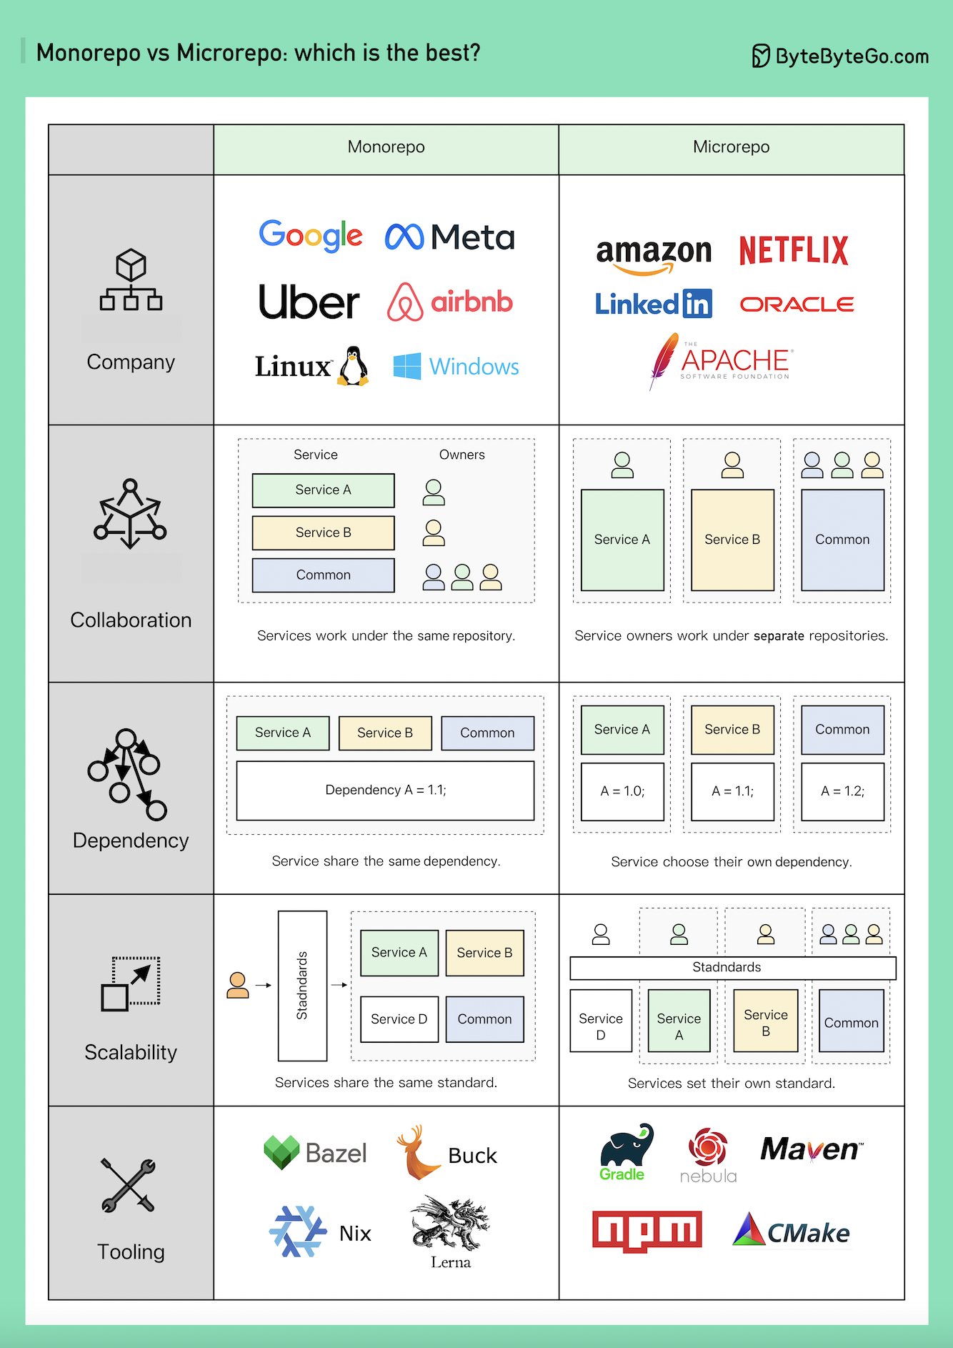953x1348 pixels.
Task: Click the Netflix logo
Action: click(794, 251)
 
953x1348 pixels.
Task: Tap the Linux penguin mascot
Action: click(353, 367)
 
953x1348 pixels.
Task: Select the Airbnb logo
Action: click(450, 302)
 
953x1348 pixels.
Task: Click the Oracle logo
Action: click(797, 304)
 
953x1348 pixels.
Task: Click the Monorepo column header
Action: click(386, 147)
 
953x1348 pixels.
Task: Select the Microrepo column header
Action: click(731, 147)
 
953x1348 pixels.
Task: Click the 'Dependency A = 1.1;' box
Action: click(385, 791)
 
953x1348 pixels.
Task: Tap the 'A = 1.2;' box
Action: click(842, 791)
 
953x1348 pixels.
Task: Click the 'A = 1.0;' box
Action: click(622, 791)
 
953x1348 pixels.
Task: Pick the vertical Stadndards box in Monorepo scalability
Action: click(302, 986)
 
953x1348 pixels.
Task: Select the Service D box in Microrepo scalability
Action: click(601, 1021)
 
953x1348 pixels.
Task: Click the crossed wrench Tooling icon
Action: click(128, 1185)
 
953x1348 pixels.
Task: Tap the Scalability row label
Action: click(131, 1052)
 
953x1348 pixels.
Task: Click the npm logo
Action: click(647, 1231)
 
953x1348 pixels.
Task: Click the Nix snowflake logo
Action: click(297, 1231)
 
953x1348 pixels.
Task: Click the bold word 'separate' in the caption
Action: click(779, 636)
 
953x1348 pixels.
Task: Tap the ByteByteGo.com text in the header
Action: click(852, 56)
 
